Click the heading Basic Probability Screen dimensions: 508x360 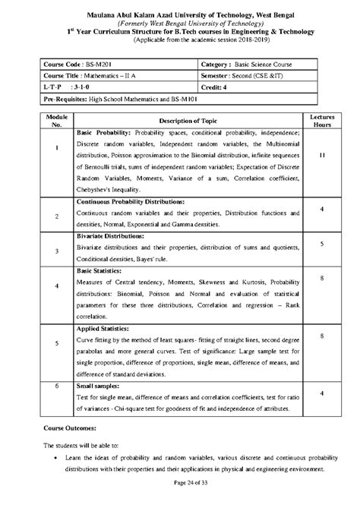(x=105, y=133)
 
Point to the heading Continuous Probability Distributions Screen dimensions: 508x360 (x=131, y=203)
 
